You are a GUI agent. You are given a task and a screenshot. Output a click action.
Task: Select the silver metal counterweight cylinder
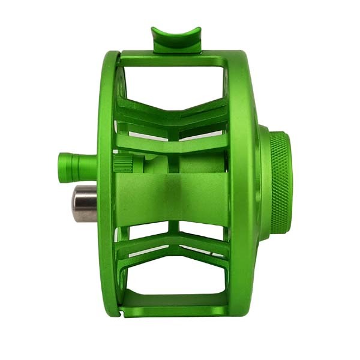click(x=85, y=203)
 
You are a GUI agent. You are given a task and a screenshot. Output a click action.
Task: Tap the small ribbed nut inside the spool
click(x=124, y=163)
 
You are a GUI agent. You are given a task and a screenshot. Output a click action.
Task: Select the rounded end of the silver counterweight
click(x=76, y=203)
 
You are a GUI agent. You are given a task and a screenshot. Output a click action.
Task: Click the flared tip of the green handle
click(x=62, y=165)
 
